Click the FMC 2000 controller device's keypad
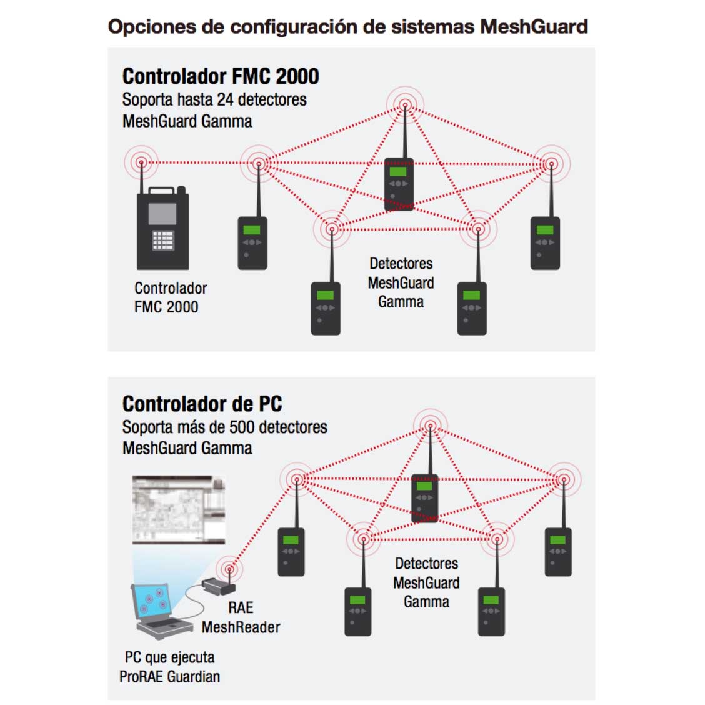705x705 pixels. coord(162,241)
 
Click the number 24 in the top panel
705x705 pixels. coord(225,99)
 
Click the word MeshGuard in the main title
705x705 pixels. coord(534,27)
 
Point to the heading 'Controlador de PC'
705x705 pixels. coord(202,404)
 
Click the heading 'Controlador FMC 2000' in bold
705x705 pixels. coord(221,76)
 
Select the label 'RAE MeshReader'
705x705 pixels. coord(241,617)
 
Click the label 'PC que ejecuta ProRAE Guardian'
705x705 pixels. coord(169,667)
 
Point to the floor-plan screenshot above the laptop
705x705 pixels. coord(179,509)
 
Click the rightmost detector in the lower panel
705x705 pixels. coord(558,551)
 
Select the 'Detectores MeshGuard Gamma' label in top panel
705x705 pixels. coord(401,282)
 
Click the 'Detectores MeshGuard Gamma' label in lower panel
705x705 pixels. coord(426,582)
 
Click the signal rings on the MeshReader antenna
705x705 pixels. coord(230,569)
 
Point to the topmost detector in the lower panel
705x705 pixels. coord(425,497)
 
